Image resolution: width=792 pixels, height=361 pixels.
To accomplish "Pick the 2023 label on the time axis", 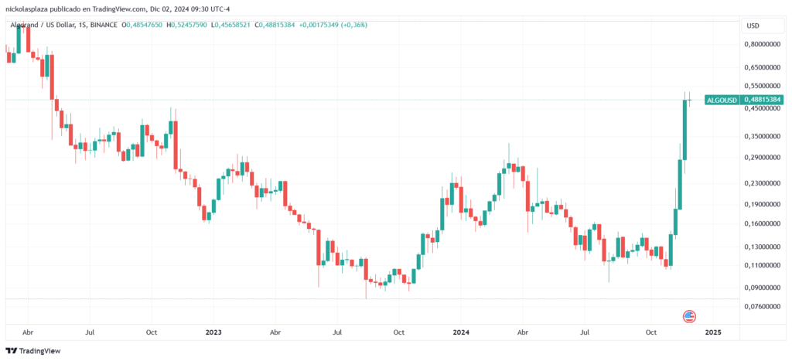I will tap(213, 332).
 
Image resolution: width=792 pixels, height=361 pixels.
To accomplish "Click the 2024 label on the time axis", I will tap(462, 332).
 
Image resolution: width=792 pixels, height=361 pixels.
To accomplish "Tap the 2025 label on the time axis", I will tap(712, 332).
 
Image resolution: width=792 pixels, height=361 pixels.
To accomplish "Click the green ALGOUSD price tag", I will tap(721, 100).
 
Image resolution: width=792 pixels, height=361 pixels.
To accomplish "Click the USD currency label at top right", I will tap(753, 26).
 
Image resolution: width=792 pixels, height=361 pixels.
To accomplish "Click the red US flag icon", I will tap(689, 316).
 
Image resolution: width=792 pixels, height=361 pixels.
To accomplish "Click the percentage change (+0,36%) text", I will tap(353, 26).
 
